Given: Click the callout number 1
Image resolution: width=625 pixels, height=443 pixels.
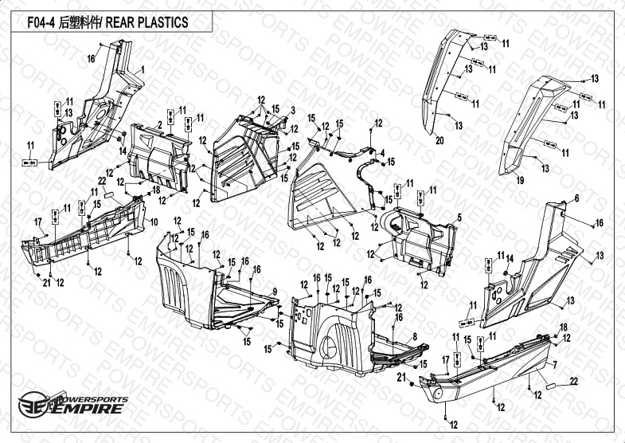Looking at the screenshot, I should [x=143, y=71].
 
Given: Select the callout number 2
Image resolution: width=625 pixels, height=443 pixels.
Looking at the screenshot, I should [x=160, y=125].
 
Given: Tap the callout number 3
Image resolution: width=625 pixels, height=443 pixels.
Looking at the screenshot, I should [x=293, y=109].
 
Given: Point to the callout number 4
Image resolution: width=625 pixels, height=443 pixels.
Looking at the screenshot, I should [x=382, y=153].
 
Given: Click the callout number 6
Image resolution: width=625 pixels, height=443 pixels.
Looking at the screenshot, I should [x=577, y=198].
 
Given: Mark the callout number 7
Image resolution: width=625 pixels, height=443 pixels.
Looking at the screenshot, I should [x=555, y=364].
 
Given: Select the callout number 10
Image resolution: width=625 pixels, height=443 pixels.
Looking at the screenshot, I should [x=154, y=221].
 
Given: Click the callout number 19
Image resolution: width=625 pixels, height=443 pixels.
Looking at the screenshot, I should [x=520, y=182].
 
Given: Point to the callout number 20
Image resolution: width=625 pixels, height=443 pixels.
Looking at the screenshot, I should [x=439, y=140].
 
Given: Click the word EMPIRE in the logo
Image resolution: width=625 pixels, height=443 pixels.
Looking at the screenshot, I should [x=88, y=410].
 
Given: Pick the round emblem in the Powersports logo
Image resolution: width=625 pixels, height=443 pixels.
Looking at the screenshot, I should [x=29, y=402].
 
